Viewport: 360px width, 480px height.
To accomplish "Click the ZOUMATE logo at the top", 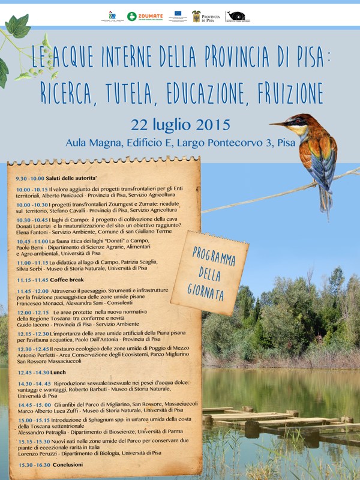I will (x=146, y=17).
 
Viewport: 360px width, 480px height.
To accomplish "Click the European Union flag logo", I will (x=177, y=14).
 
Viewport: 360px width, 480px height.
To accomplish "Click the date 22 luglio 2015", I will (x=180, y=125).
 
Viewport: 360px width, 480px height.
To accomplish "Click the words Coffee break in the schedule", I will (x=68, y=280).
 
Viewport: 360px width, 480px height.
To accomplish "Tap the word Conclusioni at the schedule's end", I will (x=67, y=465).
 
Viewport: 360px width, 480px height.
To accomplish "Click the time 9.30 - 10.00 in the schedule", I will (x=30, y=179).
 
